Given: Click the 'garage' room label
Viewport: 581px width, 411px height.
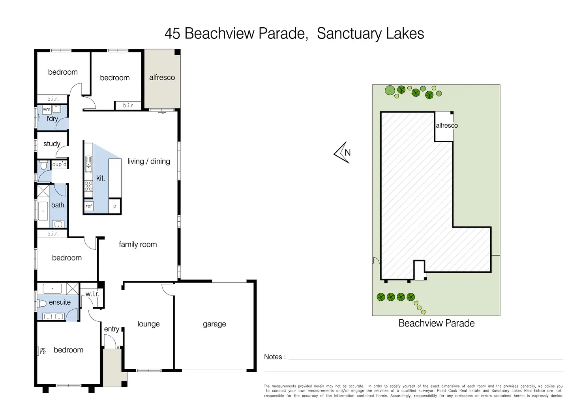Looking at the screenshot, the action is tap(214, 324).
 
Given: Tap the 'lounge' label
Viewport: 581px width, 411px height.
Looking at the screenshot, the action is tap(148, 324).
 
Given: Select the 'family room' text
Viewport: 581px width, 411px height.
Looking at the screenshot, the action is tap(138, 245).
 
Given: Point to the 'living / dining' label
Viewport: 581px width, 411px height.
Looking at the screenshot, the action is tap(149, 161).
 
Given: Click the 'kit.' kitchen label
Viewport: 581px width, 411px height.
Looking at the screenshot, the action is tap(101, 178).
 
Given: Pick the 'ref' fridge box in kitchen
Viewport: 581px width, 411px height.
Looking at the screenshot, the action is tap(89, 206).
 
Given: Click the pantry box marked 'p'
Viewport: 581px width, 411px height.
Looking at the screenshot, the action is tap(115, 206).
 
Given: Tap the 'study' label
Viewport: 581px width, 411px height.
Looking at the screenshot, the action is tap(52, 144).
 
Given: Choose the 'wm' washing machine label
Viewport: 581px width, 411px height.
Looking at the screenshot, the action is tap(47, 109).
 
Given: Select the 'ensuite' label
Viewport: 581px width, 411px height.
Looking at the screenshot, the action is tap(60, 302).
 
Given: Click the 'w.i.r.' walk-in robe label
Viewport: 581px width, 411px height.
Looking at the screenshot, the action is tap(92, 294).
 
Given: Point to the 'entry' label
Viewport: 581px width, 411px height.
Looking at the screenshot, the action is tap(112, 329).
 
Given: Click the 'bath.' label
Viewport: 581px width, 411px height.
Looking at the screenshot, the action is tap(58, 205).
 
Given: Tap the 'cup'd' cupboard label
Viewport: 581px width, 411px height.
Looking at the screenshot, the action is tap(60, 164).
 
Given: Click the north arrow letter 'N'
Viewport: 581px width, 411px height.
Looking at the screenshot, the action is tap(347, 153).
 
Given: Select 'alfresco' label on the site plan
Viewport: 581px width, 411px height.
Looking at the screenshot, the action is tap(447, 126).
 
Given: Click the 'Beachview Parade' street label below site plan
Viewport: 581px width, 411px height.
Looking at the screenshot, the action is tap(437, 323).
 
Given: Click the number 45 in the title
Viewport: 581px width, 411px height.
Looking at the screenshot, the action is tap(172, 34).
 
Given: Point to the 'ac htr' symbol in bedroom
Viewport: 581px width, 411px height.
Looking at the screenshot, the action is tap(43, 351).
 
